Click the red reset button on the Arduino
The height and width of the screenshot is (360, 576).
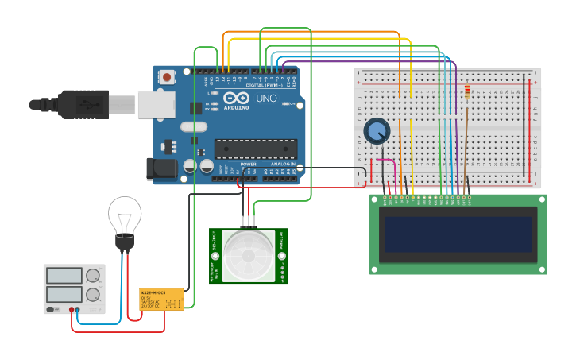pos(168,77)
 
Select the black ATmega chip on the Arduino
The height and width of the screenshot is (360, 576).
pos(256,149)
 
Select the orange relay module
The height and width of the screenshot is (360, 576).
pos(162,299)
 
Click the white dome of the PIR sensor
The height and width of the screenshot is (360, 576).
pos(249,257)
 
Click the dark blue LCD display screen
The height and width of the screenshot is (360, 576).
pos(457,234)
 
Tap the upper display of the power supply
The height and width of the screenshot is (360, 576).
pos(64,276)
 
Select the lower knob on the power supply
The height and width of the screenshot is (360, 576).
pos(93,294)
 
